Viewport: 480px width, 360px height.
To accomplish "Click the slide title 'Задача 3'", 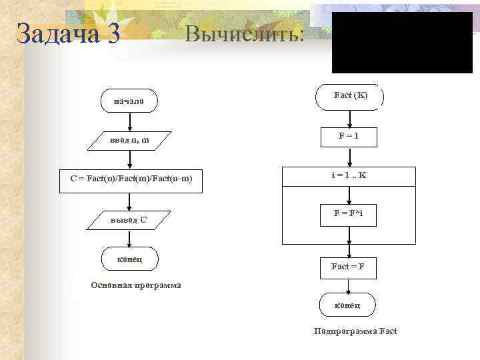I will tap(68, 33).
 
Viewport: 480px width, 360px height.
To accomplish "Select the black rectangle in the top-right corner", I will tap(402, 42).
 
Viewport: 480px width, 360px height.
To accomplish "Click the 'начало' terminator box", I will tap(129, 101).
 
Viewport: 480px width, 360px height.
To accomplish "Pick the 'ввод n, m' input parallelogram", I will tap(129, 141).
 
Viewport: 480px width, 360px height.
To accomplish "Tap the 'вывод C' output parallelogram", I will tap(129, 219).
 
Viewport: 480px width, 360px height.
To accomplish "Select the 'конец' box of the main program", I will tap(129, 258).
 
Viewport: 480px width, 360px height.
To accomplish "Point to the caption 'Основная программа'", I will tap(136, 285).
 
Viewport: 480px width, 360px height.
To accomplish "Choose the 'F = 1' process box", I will tap(348, 137).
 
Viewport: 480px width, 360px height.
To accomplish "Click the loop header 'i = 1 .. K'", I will tap(349, 176).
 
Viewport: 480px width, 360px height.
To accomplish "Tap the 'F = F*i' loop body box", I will tap(348, 215).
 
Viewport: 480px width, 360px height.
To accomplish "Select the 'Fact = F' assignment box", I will tap(348, 267).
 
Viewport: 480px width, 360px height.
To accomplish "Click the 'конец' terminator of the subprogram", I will tap(348, 305).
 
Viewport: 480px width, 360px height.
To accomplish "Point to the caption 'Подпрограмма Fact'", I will tap(355, 331).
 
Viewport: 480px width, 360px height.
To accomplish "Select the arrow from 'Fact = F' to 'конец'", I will tap(348, 285).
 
